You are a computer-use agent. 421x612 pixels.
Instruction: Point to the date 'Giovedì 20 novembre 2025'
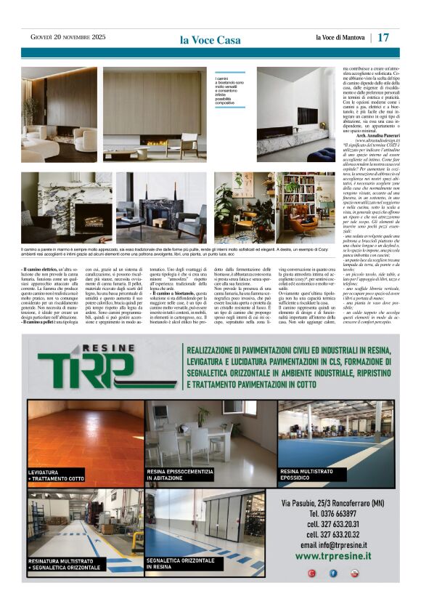(68, 37)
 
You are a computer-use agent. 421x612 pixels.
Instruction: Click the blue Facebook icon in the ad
(333, 573)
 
